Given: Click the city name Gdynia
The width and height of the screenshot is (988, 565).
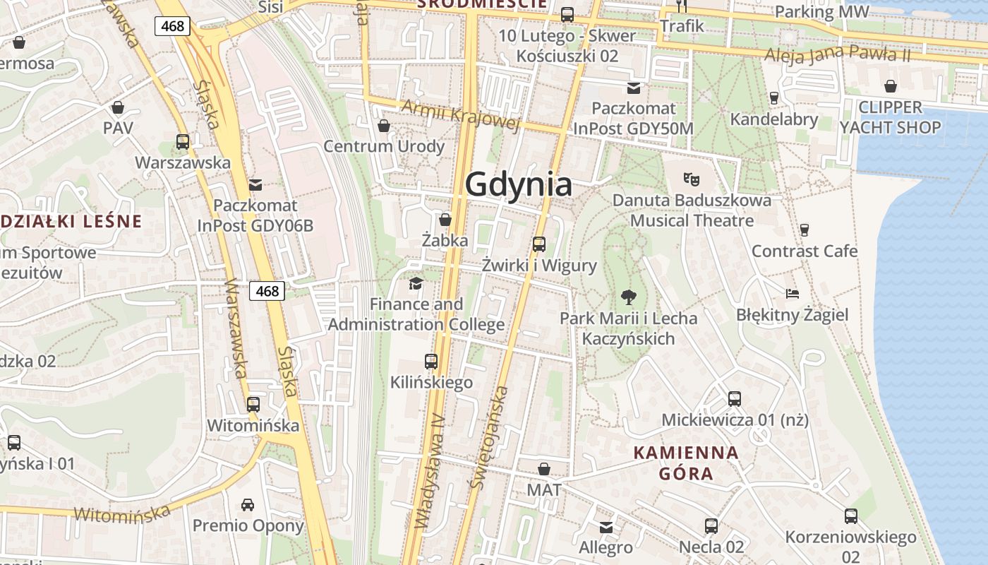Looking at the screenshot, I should click(x=519, y=185).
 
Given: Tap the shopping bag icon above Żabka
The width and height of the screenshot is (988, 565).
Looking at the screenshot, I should click(x=445, y=220).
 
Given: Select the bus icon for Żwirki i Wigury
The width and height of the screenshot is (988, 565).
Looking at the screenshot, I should click(x=539, y=244).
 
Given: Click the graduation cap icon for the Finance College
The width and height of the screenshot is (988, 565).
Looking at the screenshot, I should click(x=416, y=284).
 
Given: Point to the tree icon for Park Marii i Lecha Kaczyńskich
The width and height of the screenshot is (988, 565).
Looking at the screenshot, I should click(x=628, y=297).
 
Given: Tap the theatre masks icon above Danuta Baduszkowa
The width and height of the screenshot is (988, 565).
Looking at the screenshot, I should click(x=692, y=179).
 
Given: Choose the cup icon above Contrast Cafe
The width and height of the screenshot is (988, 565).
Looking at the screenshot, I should click(x=804, y=230).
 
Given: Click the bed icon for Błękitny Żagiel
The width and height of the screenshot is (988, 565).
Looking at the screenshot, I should click(x=793, y=293).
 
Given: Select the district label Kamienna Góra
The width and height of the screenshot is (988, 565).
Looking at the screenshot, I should click(x=686, y=463).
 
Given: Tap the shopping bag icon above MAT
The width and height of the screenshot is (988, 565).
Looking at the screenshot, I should click(x=544, y=469).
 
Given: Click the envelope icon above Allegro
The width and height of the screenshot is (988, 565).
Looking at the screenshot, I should click(x=606, y=527).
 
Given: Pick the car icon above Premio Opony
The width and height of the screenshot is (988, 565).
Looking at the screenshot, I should click(x=248, y=504).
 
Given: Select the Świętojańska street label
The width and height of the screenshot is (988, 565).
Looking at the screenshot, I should click(x=489, y=438).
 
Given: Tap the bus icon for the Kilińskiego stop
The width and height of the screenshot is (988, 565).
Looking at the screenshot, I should click(x=431, y=362).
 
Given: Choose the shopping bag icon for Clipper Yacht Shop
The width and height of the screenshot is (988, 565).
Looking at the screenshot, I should click(x=891, y=86).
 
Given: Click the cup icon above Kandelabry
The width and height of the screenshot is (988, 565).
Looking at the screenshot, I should click(x=774, y=97).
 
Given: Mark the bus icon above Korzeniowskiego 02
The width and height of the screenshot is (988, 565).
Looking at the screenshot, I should click(x=851, y=516).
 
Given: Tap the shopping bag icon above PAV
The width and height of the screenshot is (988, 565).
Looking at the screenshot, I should click(x=118, y=107).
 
